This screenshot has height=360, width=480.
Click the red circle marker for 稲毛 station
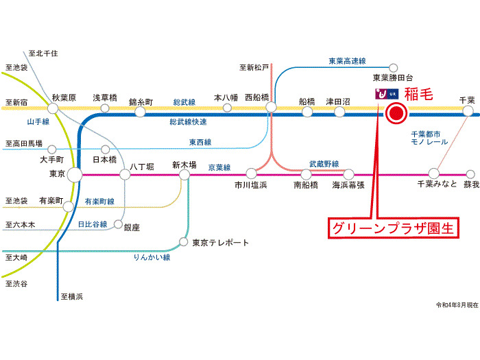point(396,115)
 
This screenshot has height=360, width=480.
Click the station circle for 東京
point(75,175)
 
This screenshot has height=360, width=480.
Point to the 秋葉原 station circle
point(64,109)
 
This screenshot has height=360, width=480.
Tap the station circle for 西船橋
point(272,108)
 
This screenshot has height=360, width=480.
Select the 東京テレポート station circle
point(183,242)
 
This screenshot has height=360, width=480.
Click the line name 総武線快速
point(188,121)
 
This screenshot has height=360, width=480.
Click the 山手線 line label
point(38,121)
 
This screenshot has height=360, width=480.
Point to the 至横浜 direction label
point(71,296)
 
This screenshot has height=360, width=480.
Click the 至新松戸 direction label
point(254,67)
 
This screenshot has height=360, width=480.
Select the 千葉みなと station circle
point(433,173)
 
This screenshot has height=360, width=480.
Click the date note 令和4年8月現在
point(455,305)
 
